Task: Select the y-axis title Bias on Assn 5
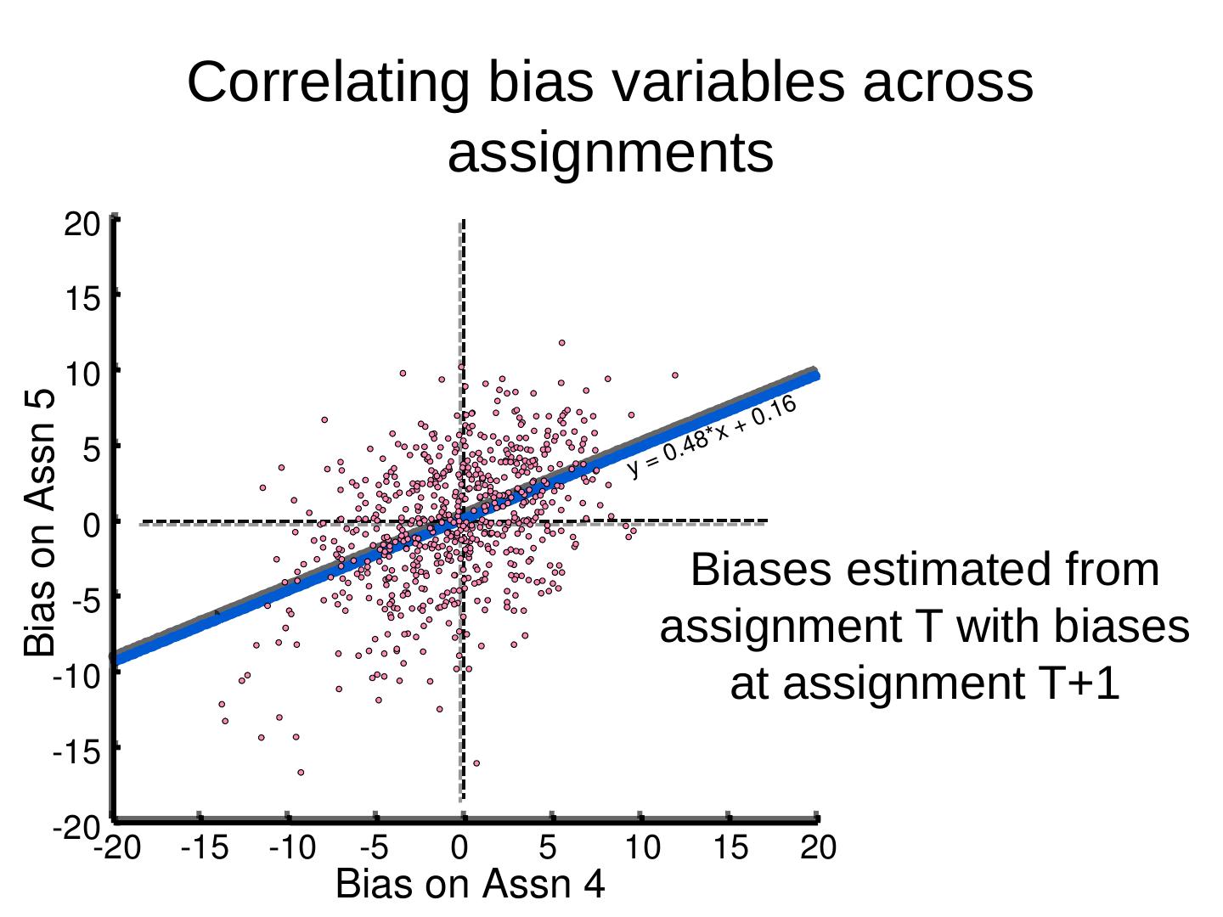[40, 522]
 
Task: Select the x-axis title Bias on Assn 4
[471, 885]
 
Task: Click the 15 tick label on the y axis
[81, 299]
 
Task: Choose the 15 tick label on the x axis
[730, 847]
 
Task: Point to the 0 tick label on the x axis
[459, 847]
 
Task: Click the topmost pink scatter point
[561, 343]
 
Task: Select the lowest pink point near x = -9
[301, 773]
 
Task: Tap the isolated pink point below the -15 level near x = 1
[476, 763]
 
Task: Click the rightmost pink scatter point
[675, 374]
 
